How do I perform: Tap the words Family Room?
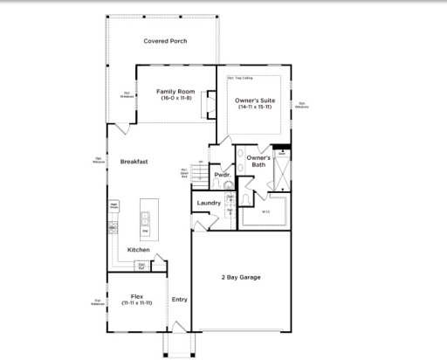point(174,91)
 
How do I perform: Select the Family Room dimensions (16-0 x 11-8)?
point(174,98)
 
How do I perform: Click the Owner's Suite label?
point(255,100)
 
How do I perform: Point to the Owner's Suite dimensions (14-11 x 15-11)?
point(255,107)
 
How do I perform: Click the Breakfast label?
point(134,161)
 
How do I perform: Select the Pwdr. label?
point(221,175)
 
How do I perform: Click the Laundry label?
point(209,203)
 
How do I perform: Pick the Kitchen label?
point(138,250)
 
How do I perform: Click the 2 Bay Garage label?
point(239,277)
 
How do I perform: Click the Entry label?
point(179,300)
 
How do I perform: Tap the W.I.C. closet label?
point(265,211)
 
